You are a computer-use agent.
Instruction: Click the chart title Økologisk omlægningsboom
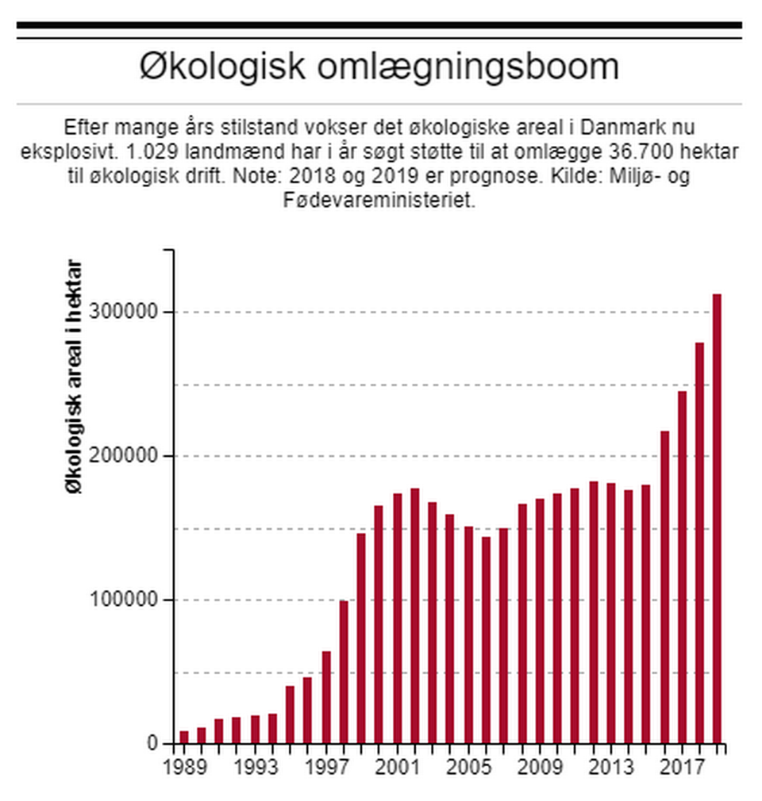coord(379,67)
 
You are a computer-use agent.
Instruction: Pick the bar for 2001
coord(397,619)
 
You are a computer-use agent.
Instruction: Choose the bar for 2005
coord(468,634)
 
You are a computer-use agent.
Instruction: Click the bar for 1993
coord(255,730)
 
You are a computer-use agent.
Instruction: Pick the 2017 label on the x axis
coord(681,768)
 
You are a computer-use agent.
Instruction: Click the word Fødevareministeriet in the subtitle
coord(379,200)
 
